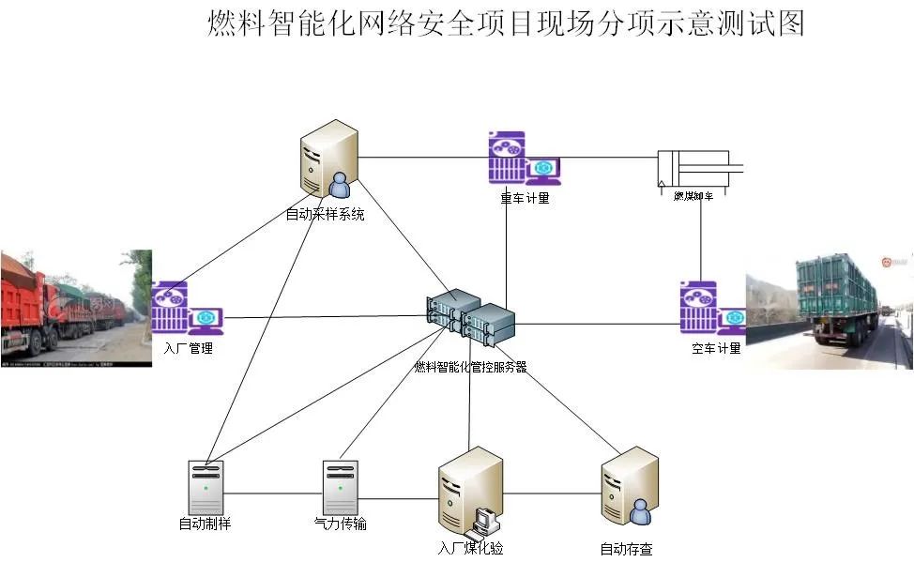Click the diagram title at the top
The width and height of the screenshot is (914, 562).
[x=505, y=23]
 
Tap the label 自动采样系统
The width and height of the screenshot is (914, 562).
[x=325, y=215]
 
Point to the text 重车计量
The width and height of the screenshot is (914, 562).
[x=525, y=198]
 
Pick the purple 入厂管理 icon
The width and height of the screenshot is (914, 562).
[x=186, y=309]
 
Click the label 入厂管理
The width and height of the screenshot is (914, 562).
[x=188, y=349]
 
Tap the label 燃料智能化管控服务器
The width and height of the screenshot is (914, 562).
[x=470, y=367]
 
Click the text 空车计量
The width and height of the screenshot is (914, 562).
[x=716, y=349]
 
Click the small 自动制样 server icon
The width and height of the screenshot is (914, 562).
[x=206, y=487]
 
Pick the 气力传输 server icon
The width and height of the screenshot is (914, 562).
[x=340, y=487]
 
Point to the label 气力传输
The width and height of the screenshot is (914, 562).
[x=340, y=524]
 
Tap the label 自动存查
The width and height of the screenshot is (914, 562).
[x=626, y=548]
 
